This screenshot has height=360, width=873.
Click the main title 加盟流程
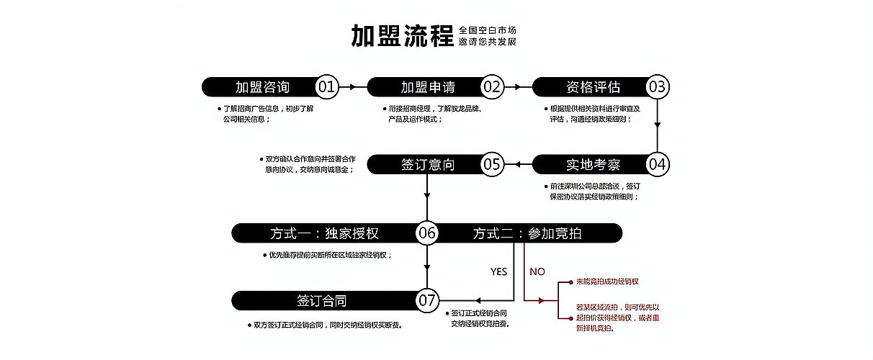402,35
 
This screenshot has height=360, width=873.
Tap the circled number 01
327,87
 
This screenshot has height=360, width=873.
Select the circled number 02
492,87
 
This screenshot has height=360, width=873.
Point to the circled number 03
657,87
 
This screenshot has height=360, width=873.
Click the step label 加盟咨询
262,87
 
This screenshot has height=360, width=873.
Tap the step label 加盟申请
428,87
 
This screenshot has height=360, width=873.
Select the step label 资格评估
593,87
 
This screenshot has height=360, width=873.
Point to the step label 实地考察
593,164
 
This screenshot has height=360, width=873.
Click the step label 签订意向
428,164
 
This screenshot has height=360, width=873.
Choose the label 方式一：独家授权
324,233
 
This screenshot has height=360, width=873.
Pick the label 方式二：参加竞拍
528,233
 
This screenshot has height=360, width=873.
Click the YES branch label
498,271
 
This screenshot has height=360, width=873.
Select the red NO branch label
537,271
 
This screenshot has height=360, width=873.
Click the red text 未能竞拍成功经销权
607,281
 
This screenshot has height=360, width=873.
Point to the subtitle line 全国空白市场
488,30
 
